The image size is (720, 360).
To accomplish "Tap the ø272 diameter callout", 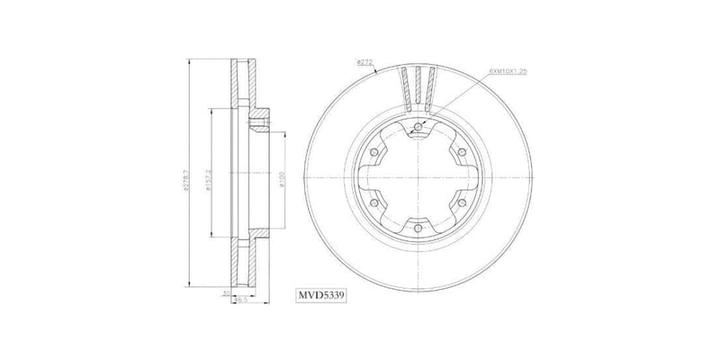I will (x=364, y=62).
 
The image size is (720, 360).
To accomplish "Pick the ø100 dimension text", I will (x=282, y=181).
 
